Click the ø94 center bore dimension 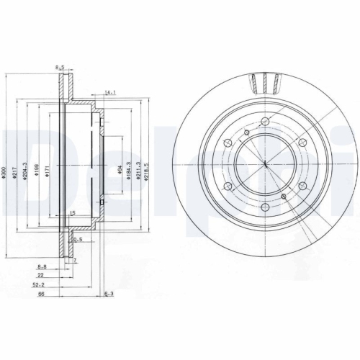tap(119, 170)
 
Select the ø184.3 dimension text tap(129, 170)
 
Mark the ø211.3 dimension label tap(139, 170)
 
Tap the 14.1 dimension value tap(110, 93)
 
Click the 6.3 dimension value tap(109, 293)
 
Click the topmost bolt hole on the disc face tap(266, 121)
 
